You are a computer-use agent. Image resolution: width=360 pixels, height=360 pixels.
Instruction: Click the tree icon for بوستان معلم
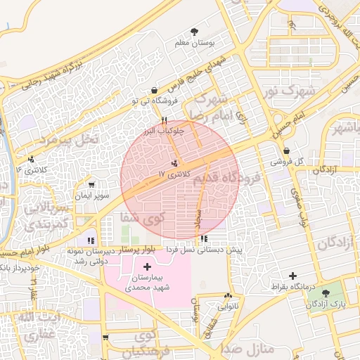pos(195,32)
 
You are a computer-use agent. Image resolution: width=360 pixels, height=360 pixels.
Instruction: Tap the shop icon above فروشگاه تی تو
pos(154,89)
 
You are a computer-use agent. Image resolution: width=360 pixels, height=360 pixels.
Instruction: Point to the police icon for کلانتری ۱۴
pos(31,159)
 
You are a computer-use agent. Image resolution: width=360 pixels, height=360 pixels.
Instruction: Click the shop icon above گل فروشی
pos(286,150)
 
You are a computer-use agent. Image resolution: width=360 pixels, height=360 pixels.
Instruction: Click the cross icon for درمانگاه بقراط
pos(292,276)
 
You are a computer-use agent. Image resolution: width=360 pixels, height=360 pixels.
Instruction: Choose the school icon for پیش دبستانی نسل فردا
pos(204,238)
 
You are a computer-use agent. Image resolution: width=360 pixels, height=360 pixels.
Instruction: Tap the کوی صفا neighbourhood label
pos(143,220)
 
